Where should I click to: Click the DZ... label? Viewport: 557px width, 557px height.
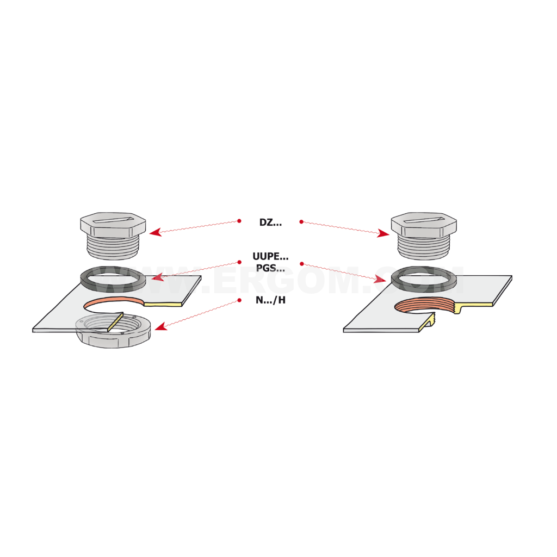[270, 222]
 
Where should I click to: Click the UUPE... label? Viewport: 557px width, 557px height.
[270, 256]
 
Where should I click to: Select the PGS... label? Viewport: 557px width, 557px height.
[270, 268]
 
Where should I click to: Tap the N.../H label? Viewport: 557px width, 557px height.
[270, 300]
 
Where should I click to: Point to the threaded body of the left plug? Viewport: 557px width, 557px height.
[113, 247]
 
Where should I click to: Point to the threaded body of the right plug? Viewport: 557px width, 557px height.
[424, 247]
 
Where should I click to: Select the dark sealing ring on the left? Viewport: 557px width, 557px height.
[113, 287]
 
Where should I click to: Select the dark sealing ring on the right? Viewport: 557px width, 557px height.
[423, 288]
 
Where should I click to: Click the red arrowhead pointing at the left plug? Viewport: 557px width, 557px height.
[155, 232]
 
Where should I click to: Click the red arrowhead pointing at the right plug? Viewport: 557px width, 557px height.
[383, 233]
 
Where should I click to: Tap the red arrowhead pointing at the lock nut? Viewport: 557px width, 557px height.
[161, 326]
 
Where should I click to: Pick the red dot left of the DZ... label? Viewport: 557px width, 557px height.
[239, 221]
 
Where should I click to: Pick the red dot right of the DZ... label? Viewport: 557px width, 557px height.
[301, 222]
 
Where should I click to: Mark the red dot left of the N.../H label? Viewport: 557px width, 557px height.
[239, 300]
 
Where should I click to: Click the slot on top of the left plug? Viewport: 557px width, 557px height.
[113, 220]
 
